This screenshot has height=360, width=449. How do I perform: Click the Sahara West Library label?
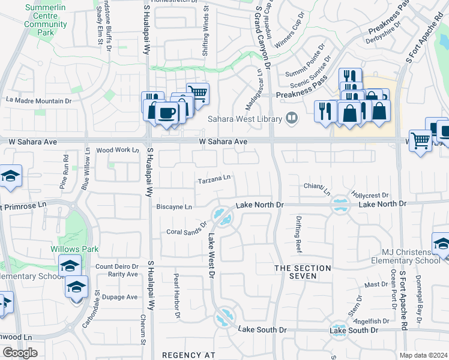pos(245,119)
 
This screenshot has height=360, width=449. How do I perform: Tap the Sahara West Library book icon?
pos(292,118)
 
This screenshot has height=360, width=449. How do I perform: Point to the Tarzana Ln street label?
pos(214,179)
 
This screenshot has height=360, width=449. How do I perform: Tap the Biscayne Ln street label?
pos(174,207)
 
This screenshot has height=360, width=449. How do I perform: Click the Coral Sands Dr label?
pos(187,232)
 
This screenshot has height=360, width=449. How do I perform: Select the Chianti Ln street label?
pos(318,189)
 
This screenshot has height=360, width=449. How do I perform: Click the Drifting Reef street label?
pos(299,234)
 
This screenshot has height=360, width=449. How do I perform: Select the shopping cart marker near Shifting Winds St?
pos(197,92)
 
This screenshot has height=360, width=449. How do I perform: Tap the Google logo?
pos(19,353)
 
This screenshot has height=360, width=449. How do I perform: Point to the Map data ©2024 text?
pos(423,355)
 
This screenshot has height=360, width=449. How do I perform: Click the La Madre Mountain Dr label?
pos(38,100)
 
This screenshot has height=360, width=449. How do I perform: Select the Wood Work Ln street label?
pos(117,150)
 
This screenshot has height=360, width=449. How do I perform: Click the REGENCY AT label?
pos(188,355)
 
